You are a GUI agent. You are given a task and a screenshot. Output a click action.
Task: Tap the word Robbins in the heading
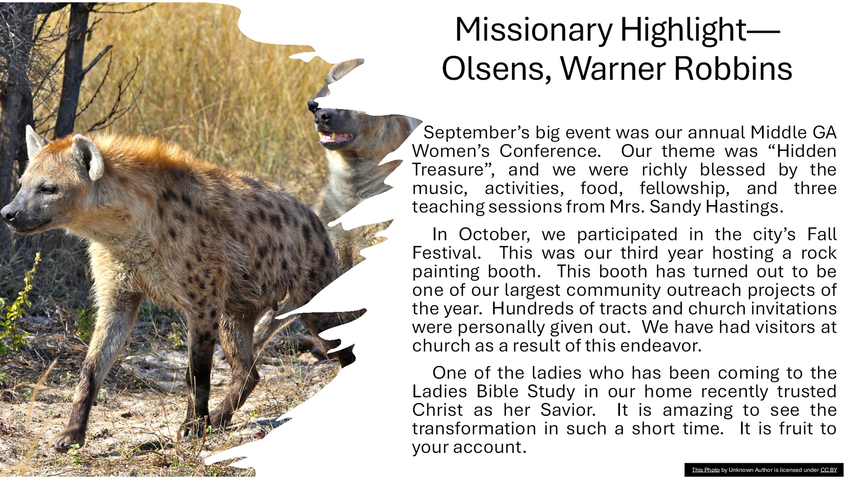coord(733,69)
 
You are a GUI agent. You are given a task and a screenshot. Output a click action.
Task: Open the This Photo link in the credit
coord(705,470)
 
